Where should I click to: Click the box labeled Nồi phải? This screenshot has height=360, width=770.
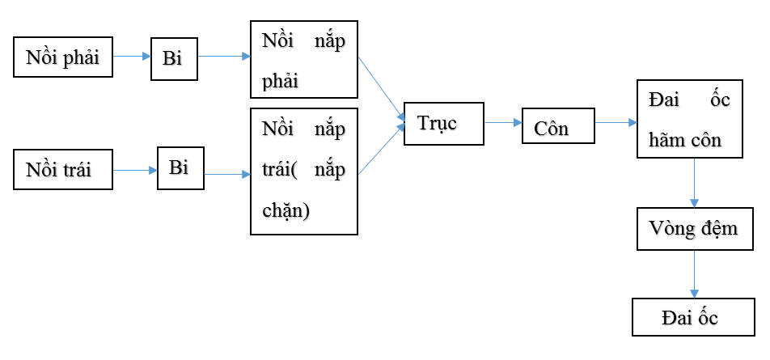[x=63, y=57]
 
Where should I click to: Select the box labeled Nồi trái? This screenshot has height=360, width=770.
[x=63, y=170]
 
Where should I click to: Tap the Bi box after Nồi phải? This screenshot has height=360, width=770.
[x=174, y=57]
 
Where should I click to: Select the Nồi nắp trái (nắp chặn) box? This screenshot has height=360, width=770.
[x=303, y=171]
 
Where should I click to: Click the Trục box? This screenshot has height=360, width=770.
[x=443, y=123]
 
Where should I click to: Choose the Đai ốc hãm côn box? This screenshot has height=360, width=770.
[x=689, y=119]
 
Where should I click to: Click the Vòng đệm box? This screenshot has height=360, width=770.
[x=693, y=228]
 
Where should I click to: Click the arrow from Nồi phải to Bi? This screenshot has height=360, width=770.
[x=131, y=57]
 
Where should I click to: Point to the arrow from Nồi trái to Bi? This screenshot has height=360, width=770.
[x=134, y=170]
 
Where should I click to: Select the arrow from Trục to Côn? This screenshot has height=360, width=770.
[x=502, y=123]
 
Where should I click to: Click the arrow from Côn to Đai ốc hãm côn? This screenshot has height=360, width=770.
[x=616, y=123]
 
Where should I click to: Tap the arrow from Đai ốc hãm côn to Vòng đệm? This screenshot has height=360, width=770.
[x=694, y=182]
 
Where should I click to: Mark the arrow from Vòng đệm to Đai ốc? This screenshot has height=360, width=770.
[x=694, y=273]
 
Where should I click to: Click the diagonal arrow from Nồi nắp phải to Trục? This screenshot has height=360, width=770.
[x=380, y=88]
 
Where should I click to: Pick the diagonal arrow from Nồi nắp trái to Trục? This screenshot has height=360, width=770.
[x=380, y=150]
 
